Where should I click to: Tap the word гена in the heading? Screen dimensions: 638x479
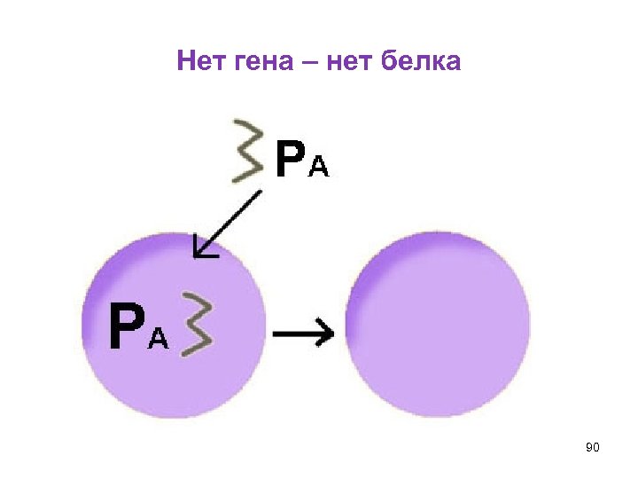coord(257,62)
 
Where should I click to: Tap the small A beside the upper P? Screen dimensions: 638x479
coord(318,168)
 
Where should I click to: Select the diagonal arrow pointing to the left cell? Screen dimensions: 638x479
coord(228,224)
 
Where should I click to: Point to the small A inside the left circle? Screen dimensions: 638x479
coord(158,338)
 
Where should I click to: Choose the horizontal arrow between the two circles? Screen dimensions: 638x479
coord(303,334)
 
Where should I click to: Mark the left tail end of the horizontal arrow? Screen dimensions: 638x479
coord(275,334)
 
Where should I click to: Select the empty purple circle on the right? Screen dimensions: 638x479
coord(439,323)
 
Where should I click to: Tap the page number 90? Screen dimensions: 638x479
coord(593,449)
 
